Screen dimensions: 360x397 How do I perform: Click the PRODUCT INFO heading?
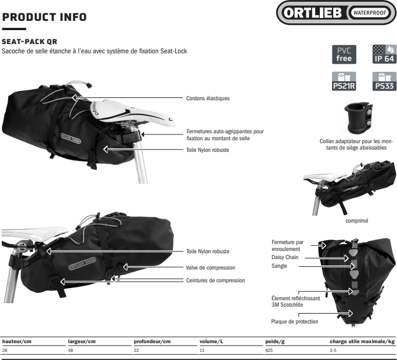coord(44,18)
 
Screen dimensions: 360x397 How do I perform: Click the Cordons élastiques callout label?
coord(208,99)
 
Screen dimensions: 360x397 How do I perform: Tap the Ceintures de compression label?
coord(215,280)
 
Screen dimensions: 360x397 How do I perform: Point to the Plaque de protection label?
coord(294,322)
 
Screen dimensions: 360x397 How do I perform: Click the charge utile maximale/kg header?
coord(362,340)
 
